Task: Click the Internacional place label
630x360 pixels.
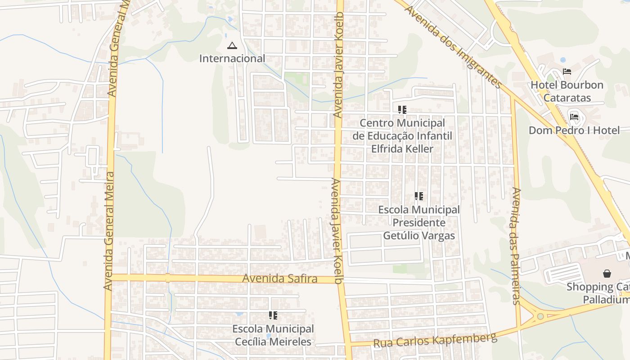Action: [x=232, y=58]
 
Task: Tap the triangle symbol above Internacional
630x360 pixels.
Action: [x=232, y=45]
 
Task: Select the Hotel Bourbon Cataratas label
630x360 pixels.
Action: [x=567, y=91]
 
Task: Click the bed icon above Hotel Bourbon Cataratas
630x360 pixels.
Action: [x=567, y=72]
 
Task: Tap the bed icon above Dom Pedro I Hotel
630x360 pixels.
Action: [x=574, y=117]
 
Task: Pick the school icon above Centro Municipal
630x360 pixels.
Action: [x=402, y=109]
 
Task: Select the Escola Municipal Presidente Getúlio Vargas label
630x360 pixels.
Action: [x=419, y=222]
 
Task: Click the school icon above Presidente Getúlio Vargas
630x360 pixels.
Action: [x=419, y=196]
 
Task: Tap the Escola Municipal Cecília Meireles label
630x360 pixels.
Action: [x=273, y=335]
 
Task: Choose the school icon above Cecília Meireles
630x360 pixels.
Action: [x=273, y=315]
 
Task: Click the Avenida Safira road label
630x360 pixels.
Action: [x=279, y=279]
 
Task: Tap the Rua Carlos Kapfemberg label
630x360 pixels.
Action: [x=435, y=340]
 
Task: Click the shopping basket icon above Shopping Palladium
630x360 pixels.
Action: [x=607, y=273]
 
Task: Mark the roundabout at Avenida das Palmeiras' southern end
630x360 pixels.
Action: [x=540, y=316]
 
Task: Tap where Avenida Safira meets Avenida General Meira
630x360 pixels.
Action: [x=109, y=277]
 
